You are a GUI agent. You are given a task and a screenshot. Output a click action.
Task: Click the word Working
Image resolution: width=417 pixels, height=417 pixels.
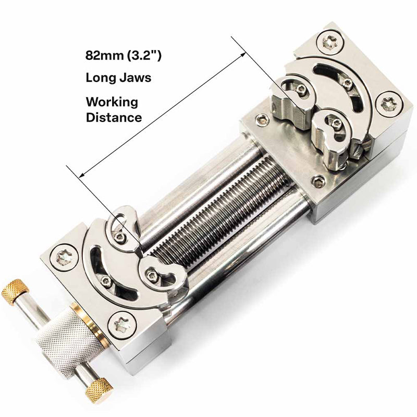[112, 101]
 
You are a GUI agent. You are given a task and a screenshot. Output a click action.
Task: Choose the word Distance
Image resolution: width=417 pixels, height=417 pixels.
[114, 117]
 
